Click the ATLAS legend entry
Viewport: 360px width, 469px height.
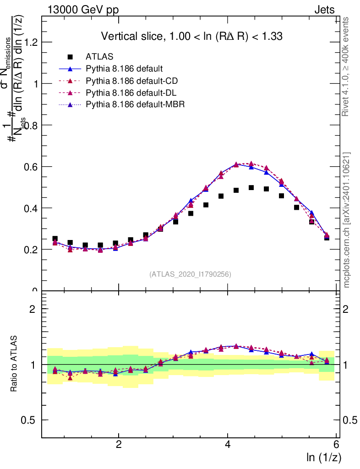tap(99, 57)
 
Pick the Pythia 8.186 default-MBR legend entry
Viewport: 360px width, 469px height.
tap(135, 105)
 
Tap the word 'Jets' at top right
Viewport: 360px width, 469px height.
tap(324, 9)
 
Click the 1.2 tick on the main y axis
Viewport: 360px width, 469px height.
tap(32, 42)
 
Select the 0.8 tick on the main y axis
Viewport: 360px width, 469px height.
tap(32, 125)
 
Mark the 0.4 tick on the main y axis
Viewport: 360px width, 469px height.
tap(32, 208)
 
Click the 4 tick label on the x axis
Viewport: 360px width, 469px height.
tap(228, 445)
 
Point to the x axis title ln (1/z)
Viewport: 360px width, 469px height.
tap(324, 457)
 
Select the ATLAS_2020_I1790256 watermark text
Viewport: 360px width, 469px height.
tap(190, 274)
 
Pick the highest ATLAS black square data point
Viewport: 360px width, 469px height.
tap(251, 188)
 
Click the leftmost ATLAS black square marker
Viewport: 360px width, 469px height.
tap(55, 239)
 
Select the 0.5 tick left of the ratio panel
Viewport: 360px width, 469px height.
tap(32, 420)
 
